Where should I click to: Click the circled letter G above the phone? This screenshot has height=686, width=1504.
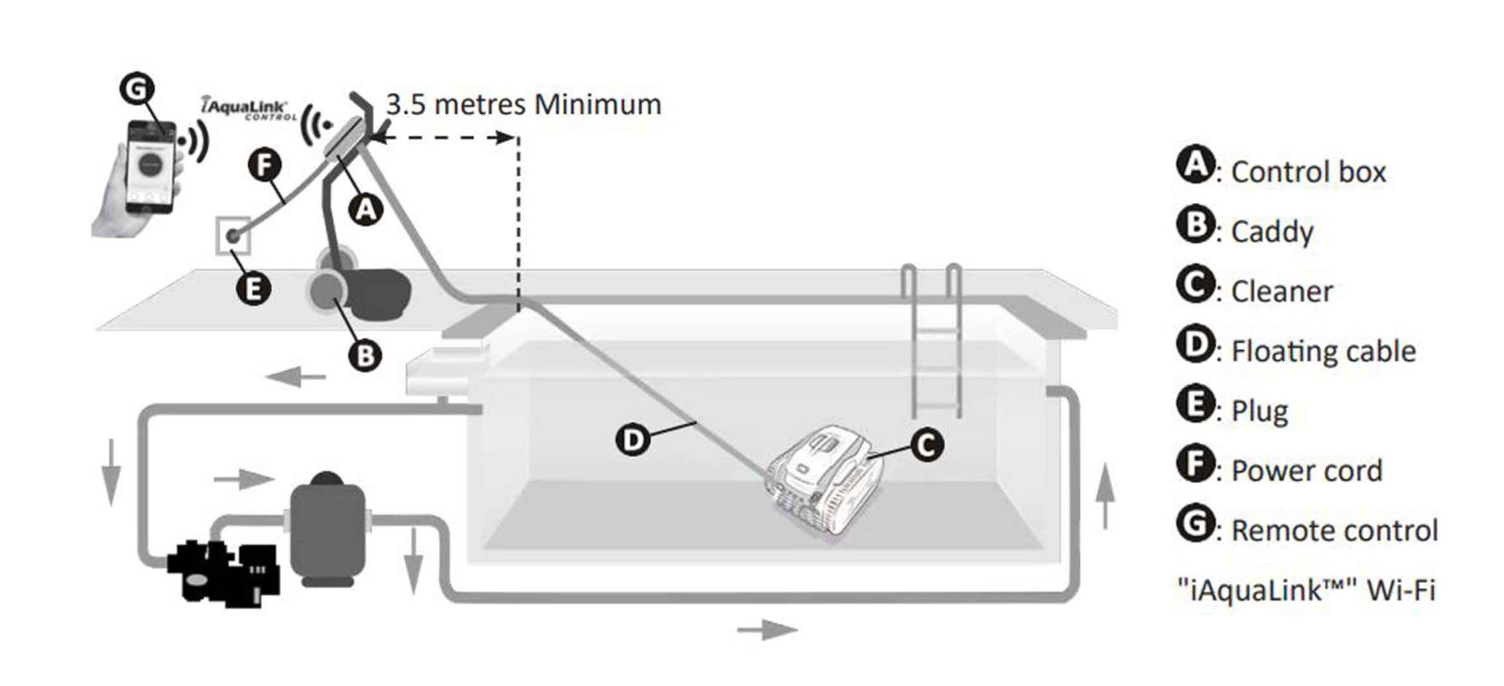[137, 89]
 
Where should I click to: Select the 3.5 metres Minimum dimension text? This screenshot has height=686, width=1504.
[524, 104]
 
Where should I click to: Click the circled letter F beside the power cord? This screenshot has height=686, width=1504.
[265, 165]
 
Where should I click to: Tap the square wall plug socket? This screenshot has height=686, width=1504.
[233, 236]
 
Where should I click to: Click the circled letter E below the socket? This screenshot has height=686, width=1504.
[252, 288]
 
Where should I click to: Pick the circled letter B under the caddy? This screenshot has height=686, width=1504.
[365, 354]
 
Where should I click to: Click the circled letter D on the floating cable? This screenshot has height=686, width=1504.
[634, 439]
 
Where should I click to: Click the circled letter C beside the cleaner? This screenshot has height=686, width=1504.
[926, 444]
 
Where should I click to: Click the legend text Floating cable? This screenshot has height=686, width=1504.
[1323, 351]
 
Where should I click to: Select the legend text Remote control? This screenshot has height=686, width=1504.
[1334, 531]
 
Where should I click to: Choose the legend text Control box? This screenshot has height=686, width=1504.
[1308, 172]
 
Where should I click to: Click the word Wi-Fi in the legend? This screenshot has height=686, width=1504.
[1401, 590]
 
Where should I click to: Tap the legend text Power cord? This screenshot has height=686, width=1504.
[1306, 471]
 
